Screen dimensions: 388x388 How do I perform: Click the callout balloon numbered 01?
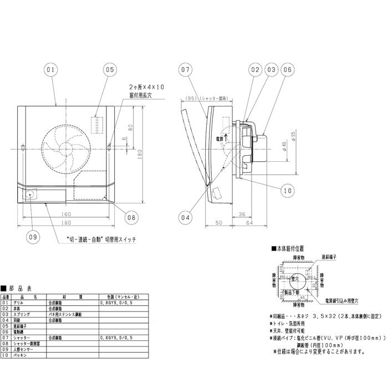click(50, 70)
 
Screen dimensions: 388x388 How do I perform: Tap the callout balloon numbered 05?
click(109, 70)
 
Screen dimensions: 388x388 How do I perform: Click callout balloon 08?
click(131, 217)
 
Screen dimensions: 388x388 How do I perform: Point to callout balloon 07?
click(185, 70)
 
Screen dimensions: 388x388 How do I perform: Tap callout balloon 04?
click(185, 217)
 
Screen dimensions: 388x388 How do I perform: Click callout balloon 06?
click(287, 70)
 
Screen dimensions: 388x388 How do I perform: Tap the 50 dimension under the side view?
click(219, 222)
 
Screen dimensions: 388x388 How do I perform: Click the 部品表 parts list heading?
click(21, 288)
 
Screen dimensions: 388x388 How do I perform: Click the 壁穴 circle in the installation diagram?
click(299, 280)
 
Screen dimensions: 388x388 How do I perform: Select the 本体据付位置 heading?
click(288, 250)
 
